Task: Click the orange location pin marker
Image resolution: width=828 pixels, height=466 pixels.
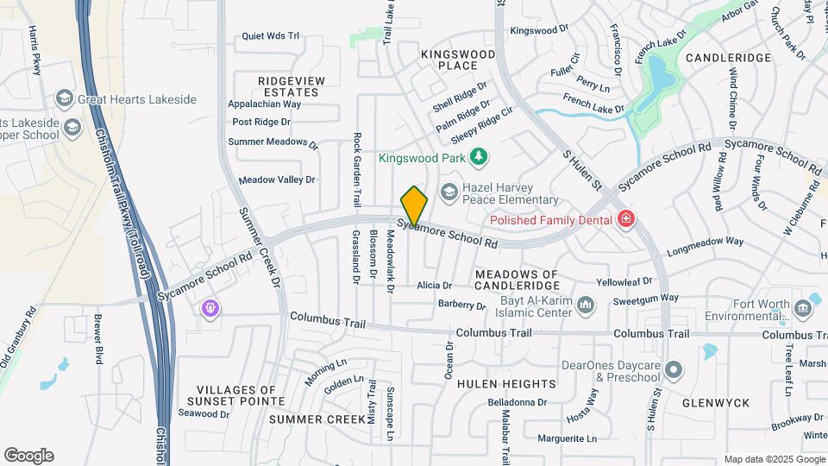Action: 414,205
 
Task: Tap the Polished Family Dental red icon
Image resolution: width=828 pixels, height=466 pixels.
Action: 626,220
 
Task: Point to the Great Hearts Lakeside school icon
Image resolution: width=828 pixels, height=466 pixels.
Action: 63,98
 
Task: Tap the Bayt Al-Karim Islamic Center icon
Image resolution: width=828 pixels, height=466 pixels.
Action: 586,305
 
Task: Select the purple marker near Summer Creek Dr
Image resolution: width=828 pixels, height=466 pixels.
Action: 210,307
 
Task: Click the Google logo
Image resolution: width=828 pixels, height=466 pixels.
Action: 28,456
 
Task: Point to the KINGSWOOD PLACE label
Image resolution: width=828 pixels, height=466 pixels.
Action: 458,60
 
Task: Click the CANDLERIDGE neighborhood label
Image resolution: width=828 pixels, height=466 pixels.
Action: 728,58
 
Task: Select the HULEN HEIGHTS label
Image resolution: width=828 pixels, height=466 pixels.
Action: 506,383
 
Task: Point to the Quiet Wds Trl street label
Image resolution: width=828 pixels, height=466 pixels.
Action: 270,36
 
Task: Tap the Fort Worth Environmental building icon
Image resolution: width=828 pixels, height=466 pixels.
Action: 804,308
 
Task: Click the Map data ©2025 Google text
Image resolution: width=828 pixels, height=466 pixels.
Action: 774,459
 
